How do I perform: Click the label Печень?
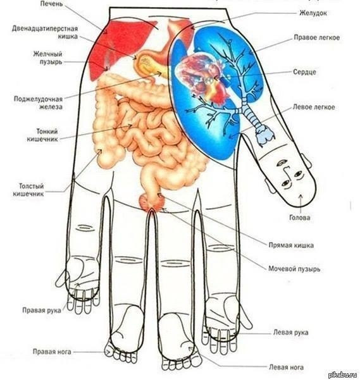point(51,4)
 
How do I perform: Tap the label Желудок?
point(313,13)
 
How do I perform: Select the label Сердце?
point(304,72)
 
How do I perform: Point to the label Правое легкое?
point(316,37)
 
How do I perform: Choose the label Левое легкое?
point(314,107)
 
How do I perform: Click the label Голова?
point(299,218)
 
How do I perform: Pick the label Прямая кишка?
point(291,245)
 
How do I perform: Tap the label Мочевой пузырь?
point(294,269)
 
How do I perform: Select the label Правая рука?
point(41,311)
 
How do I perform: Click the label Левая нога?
point(286,367)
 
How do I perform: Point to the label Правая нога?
point(52,352)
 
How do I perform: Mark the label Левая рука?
point(291,332)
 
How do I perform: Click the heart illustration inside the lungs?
point(203,77)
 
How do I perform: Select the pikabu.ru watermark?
point(343,374)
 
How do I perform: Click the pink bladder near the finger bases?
point(152,202)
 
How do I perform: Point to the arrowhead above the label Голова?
point(300,196)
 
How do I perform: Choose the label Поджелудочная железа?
point(38,103)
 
